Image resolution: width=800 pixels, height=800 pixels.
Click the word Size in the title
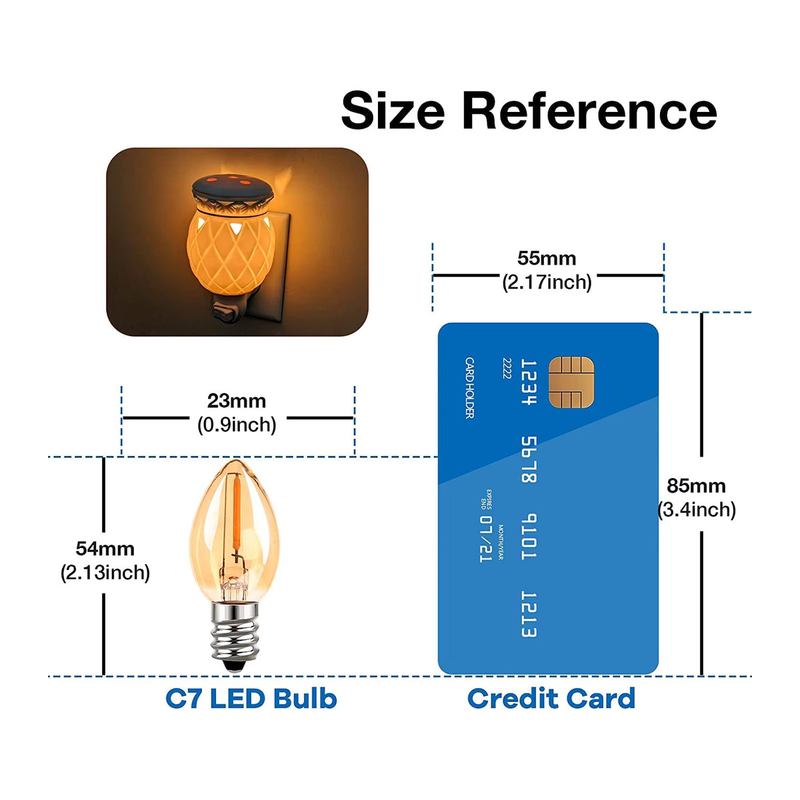393,111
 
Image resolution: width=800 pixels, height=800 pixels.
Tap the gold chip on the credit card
571,382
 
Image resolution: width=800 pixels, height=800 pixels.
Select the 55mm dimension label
547,259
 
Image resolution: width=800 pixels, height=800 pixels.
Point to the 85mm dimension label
696,486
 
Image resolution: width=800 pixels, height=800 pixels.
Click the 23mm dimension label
237,401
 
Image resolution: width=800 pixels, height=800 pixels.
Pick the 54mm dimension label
105,549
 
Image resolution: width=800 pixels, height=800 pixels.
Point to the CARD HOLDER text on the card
469,388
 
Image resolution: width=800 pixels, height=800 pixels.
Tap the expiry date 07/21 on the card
486,539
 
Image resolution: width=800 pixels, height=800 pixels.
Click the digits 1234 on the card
529,383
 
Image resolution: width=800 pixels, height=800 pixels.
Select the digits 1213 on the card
529,615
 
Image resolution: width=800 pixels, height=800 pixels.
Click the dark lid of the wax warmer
233,187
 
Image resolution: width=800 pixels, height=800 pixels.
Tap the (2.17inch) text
547,283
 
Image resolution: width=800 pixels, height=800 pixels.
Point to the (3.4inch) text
697,510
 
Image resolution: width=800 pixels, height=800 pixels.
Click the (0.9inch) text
237,425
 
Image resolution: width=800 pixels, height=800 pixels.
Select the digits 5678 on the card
529,460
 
